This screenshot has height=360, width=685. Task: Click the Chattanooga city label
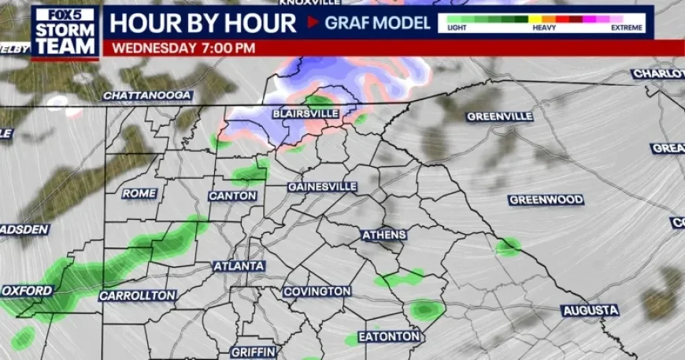[147, 95]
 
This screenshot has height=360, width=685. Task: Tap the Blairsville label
[305, 113]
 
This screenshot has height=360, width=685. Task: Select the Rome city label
[139, 193]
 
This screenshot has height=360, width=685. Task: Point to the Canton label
[232, 195]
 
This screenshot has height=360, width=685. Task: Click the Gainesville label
[322, 187]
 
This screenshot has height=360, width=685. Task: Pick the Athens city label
[383, 235]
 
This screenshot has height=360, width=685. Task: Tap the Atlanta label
[239, 266]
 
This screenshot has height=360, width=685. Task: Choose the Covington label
[317, 291]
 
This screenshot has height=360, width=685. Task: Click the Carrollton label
[137, 295]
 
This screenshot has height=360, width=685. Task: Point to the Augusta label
[591, 311]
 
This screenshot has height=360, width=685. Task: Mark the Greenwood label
[546, 200]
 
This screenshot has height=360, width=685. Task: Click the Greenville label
[499, 117]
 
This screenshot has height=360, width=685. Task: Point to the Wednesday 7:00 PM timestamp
[184, 47]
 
